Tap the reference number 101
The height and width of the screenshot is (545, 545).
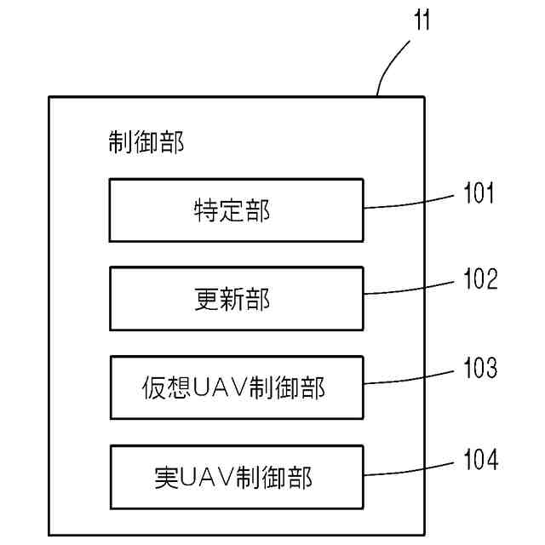pos(479,194)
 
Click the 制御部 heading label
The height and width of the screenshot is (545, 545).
pos(146,141)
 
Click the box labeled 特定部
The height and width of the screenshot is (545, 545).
pos(236,209)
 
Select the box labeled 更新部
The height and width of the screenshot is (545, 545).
pos(236,298)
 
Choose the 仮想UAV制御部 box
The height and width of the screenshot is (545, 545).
pos(236,387)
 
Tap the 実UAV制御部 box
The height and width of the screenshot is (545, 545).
pos(236,476)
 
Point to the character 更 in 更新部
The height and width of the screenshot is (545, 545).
pos(208,299)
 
